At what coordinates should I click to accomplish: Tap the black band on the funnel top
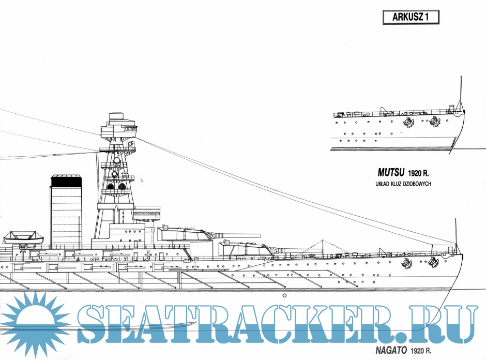pyautogui.click(x=66, y=181)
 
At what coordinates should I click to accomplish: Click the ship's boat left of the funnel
pyautogui.click(x=23, y=238)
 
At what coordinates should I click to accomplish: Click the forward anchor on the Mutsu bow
pyautogui.click(x=434, y=123)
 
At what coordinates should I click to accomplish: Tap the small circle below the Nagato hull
pyautogui.click(x=284, y=296)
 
